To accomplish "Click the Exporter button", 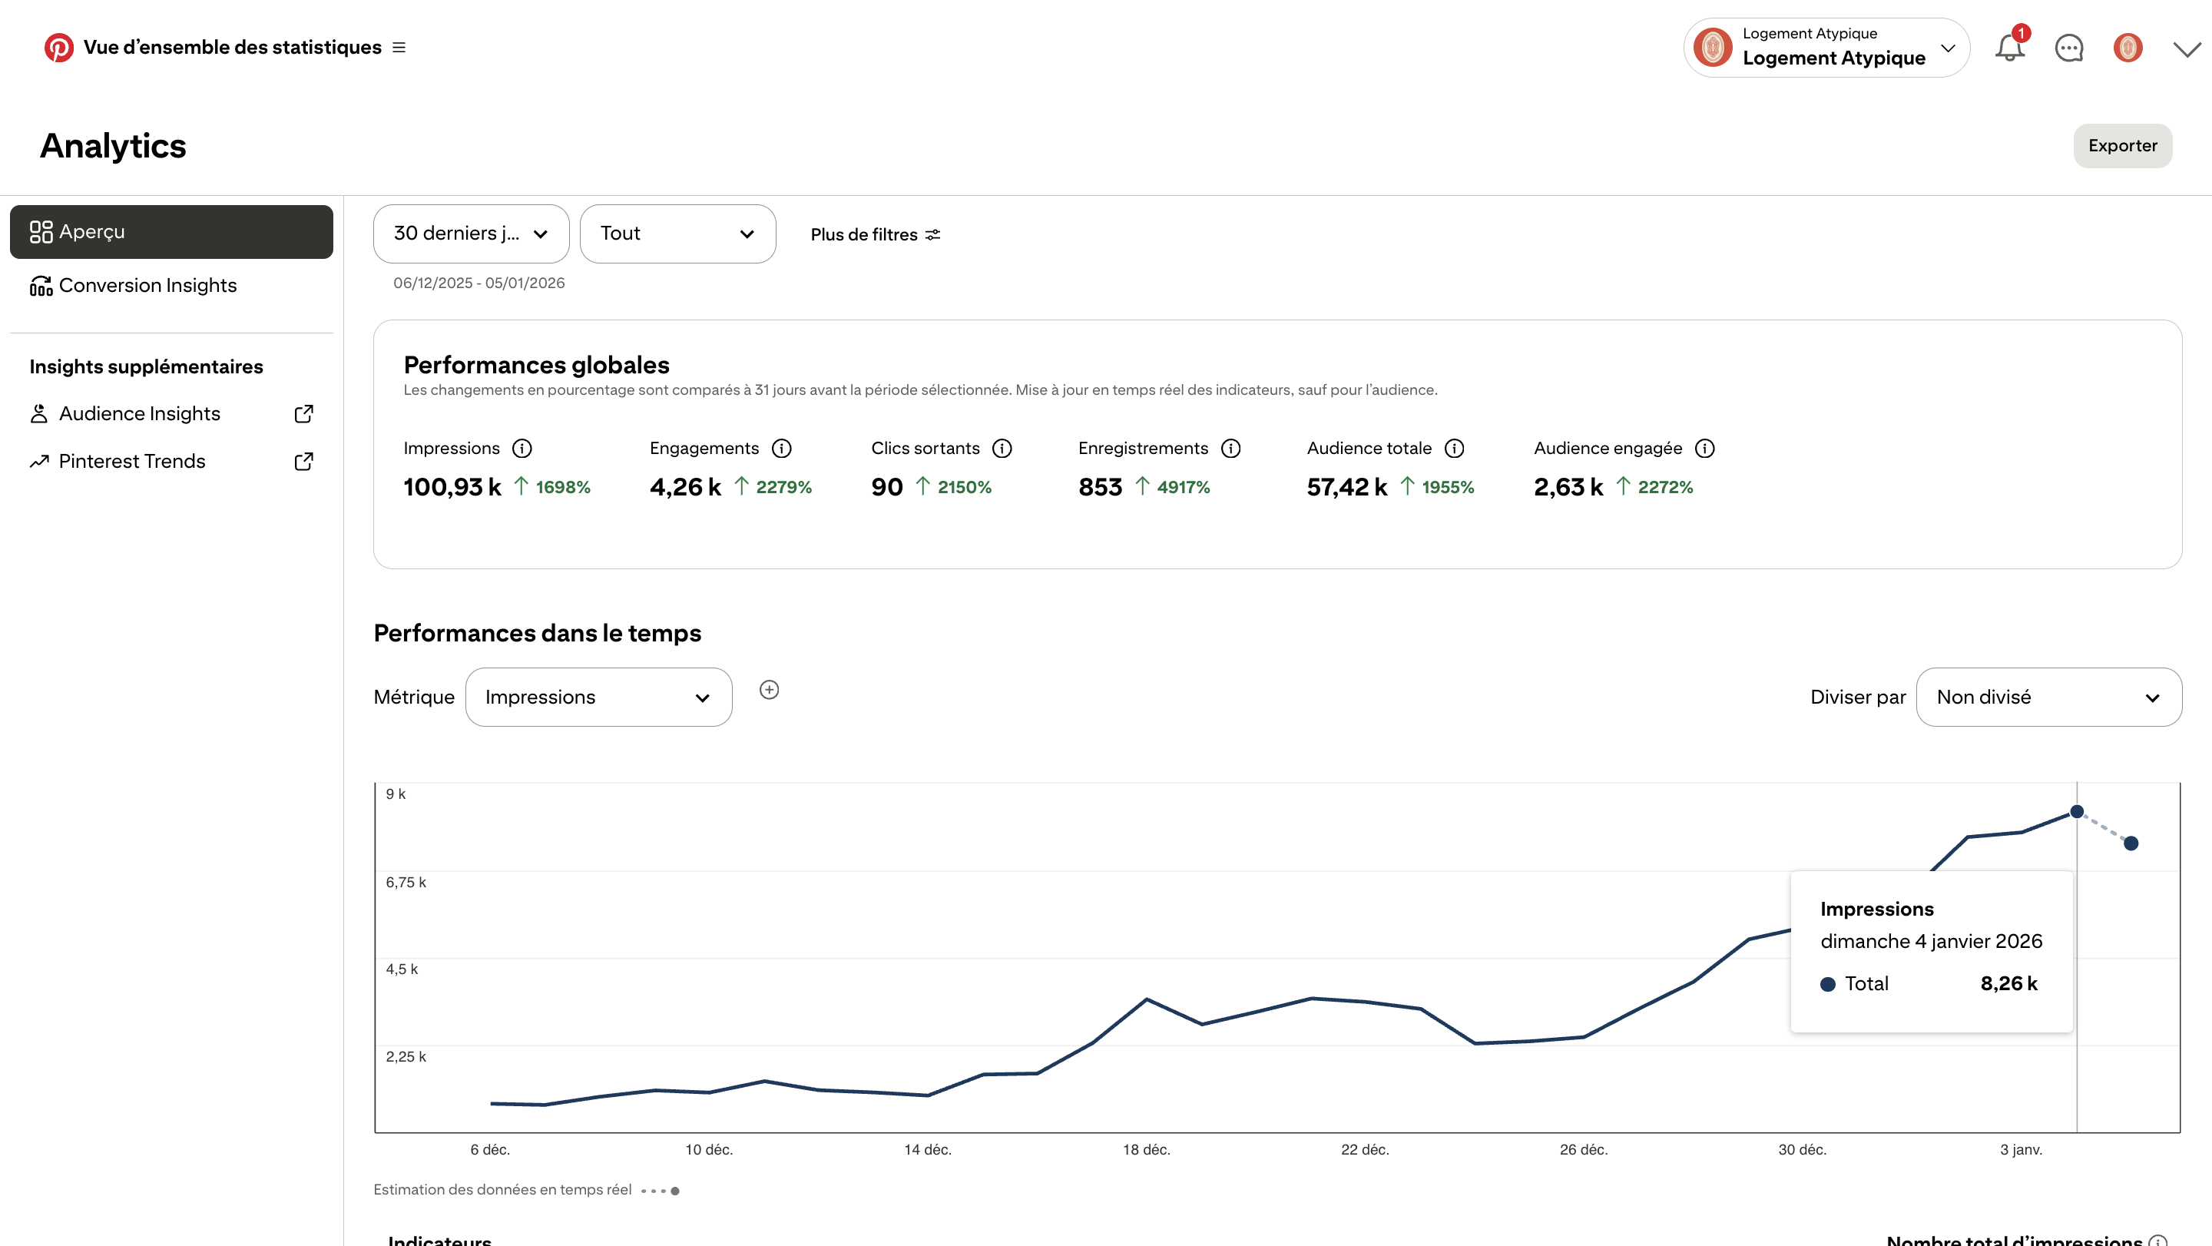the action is pyautogui.click(x=2122, y=146).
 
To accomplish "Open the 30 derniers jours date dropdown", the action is pyautogui.click(x=471, y=234).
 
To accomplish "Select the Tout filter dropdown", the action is pyautogui.click(x=677, y=234).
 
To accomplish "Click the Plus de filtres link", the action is pyautogui.click(x=875, y=234).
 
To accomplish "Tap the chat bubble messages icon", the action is pyautogui.click(x=2068, y=48).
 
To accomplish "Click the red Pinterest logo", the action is pyautogui.click(x=58, y=47).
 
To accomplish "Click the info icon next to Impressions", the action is pyautogui.click(x=522, y=449).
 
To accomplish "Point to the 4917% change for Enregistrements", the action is pyautogui.click(x=1184, y=487).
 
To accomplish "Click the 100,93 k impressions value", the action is pyautogui.click(x=452, y=487).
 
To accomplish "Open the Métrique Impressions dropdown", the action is pyautogui.click(x=598, y=698).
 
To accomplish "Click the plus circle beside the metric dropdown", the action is pyautogui.click(x=770, y=690).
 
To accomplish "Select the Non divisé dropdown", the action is pyautogui.click(x=2049, y=698).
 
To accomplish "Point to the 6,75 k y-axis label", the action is pyautogui.click(x=406, y=882).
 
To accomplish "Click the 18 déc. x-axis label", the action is pyautogui.click(x=1147, y=1150).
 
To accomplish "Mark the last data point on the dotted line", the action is pyautogui.click(x=2131, y=843).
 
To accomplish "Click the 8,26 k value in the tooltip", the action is pyautogui.click(x=2008, y=983).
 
